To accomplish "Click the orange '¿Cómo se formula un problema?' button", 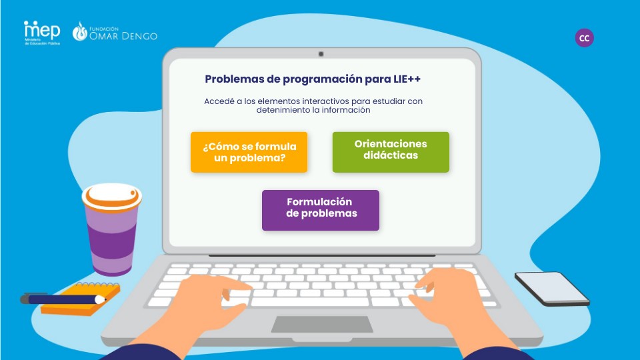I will tap(249, 152).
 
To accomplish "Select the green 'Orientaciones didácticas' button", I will tap(391, 152).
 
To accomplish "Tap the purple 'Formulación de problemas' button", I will tap(320, 210).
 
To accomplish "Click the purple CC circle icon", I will tap(584, 38).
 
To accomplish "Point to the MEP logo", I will tap(41, 31).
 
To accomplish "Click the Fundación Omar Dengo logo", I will tap(115, 32).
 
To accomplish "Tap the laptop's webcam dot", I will tap(321, 53).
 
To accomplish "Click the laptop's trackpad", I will tap(321, 324).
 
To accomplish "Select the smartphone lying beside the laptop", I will tap(551, 288).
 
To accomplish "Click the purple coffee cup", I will tap(112, 233).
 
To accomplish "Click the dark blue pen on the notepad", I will tap(63, 299).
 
